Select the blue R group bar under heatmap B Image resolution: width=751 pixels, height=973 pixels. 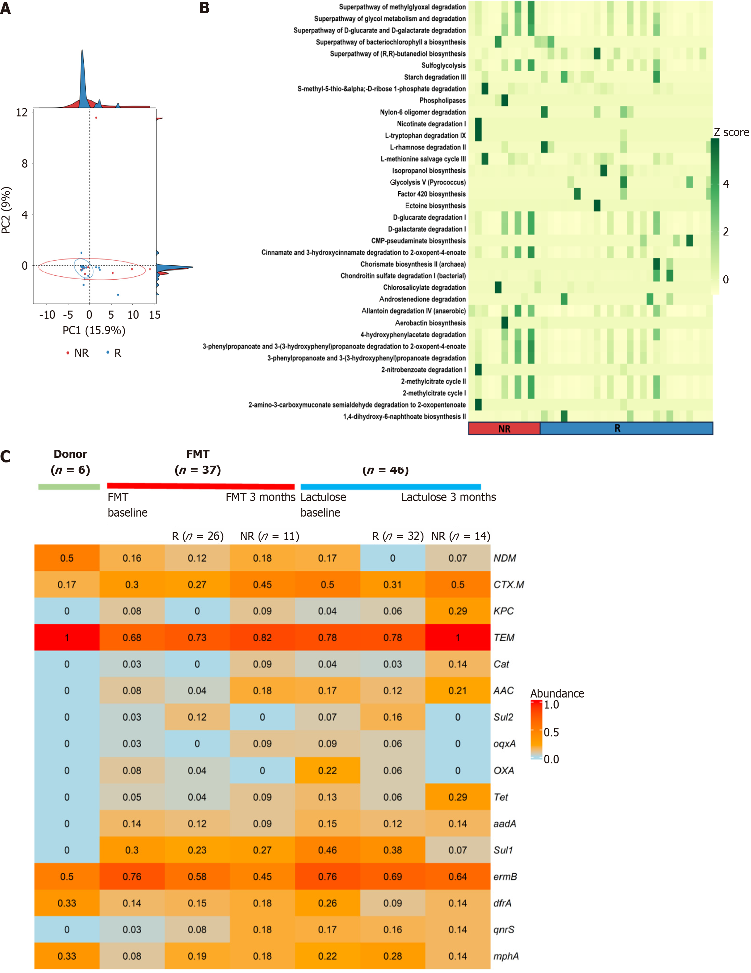tap(626, 429)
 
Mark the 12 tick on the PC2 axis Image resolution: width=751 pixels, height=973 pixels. tap(22, 112)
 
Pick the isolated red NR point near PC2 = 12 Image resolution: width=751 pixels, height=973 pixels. tap(96, 118)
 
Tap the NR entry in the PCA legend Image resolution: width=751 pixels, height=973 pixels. tap(78, 353)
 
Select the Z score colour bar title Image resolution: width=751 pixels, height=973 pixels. tap(731, 132)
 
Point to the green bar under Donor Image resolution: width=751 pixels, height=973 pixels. tap(69, 487)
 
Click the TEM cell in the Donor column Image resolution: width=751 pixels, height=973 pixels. tap(67, 638)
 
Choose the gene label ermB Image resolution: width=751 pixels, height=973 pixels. tap(505, 877)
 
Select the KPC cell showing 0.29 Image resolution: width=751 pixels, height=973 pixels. tap(458, 611)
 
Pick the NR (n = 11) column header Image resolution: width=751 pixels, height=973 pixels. tap(269, 536)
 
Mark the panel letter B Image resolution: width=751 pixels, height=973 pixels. tap(205, 8)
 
